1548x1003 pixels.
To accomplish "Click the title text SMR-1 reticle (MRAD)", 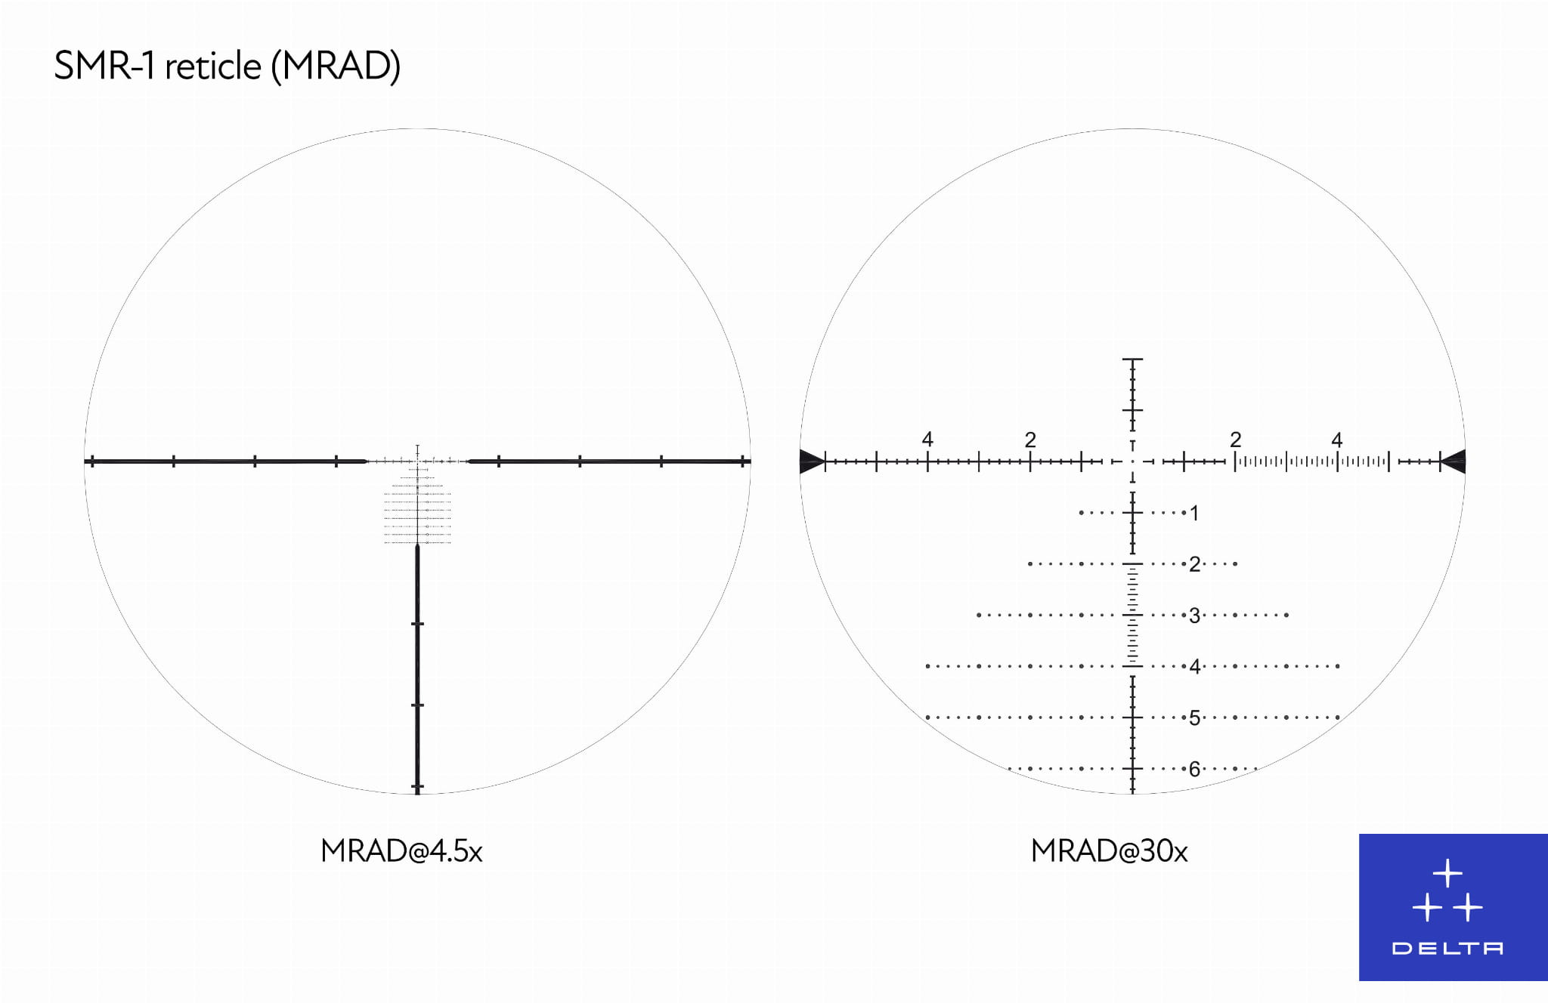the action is pos(227,66).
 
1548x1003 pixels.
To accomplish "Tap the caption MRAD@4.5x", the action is pos(401,851).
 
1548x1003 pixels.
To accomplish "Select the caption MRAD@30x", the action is pos(1109,851).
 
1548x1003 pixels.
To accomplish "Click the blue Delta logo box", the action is pos(1453,907).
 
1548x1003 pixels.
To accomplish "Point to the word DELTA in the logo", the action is pos(1447,949).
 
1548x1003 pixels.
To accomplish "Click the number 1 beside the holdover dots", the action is pos(1194,514).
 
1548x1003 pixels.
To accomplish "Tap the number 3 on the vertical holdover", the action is pos(1194,616).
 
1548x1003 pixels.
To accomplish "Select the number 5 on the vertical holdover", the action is pos(1194,718).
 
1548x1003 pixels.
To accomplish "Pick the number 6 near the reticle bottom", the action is pos(1194,769).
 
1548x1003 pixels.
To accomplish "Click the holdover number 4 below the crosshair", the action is pos(1194,666).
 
